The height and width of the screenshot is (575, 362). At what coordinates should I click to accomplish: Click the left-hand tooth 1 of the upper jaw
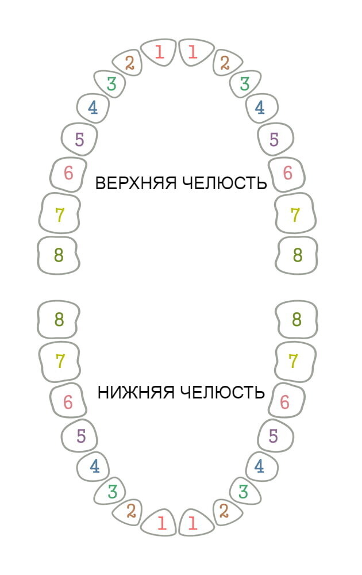pyautogui.click(x=159, y=52)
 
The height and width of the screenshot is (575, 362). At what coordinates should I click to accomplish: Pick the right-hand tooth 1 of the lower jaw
pyautogui.click(x=193, y=523)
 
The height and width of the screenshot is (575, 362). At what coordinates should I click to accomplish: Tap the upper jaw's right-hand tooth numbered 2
pyautogui.click(x=225, y=63)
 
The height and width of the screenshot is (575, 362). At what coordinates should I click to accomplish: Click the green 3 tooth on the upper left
pyautogui.click(x=111, y=84)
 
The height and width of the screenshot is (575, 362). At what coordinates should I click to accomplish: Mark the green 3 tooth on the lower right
pyautogui.click(x=244, y=492)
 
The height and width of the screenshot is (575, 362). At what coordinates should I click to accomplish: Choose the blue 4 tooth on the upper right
pyautogui.click(x=260, y=108)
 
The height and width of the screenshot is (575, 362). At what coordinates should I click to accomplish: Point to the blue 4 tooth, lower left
pyautogui.click(x=94, y=466)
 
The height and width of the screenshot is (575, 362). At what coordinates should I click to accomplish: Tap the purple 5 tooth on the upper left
pyautogui.click(x=79, y=139)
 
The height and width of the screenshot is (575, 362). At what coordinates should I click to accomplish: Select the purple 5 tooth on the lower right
pyautogui.click(x=274, y=436)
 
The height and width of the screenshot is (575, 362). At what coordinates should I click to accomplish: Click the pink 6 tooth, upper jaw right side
pyautogui.click(x=287, y=172)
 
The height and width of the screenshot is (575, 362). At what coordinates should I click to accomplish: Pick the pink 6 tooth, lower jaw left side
pyautogui.click(x=68, y=402)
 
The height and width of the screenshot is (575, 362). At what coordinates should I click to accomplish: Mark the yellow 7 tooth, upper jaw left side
pyautogui.click(x=59, y=215)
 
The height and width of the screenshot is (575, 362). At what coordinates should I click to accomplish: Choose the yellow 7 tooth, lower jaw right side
pyautogui.click(x=294, y=361)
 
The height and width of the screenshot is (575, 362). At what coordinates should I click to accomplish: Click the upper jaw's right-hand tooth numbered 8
pyautogui.click(x=298, y=255)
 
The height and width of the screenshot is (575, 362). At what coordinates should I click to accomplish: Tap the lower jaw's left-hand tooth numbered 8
pyautogui.click(x=59, y=319)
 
